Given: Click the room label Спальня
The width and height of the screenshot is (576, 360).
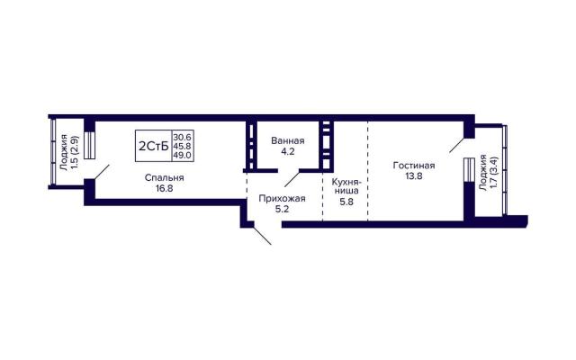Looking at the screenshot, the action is pyautogui.click(x=164, y=178).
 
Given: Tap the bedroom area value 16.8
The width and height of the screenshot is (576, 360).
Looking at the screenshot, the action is pyautogui.click(x=164, y=189).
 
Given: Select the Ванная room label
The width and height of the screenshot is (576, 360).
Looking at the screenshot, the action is pyautogui.click(x=288, y=140).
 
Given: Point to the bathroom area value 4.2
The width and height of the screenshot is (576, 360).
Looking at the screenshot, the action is pyautogui.click(x=288, y=151).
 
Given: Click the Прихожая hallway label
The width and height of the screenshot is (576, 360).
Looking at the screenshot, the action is pyautogui.click(x=282, y=199).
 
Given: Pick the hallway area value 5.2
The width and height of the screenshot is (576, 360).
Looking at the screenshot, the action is pyautogui.click(x=282, y=210).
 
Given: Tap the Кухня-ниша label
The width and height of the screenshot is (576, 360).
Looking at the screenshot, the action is pyautogui.click(x=346, y=186).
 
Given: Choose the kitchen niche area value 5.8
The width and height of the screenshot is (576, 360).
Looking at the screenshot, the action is pyautogui.click(x=346, y=202).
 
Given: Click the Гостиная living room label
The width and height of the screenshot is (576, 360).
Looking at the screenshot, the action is pyautogui.click(x=414, y=166).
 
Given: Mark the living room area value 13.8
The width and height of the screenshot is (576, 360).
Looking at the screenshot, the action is pyautogui.click(x=414, y=176).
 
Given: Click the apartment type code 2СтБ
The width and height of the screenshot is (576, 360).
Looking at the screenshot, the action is pyautogui.click(x=154, y=146).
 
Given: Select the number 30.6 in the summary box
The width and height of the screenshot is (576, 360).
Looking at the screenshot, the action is pyautogui.click(x=182, y=137).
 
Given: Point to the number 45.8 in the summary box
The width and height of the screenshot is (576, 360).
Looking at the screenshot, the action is pyautogui.click(x=182, y=146).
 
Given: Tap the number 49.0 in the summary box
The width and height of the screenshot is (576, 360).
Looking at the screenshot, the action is pyautogui.click(x=182, y=155).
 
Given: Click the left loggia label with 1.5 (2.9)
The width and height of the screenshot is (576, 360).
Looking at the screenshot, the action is pyautogui.click(x=70, y=152).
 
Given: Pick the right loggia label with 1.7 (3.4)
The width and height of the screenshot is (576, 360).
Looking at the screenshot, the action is pyautogui.click(x=488, y=173).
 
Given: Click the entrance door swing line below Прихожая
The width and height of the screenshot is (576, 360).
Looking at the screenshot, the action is pyautogui.click(x=262, y=236).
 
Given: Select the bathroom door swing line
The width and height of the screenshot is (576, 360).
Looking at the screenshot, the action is pyautogui.click(x=292, y=179).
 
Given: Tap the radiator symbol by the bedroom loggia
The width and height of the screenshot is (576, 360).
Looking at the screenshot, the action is pyautogui.click(x=90, y=145).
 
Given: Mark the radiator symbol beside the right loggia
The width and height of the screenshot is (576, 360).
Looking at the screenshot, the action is pyautogui.click(x=469, y=170).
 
